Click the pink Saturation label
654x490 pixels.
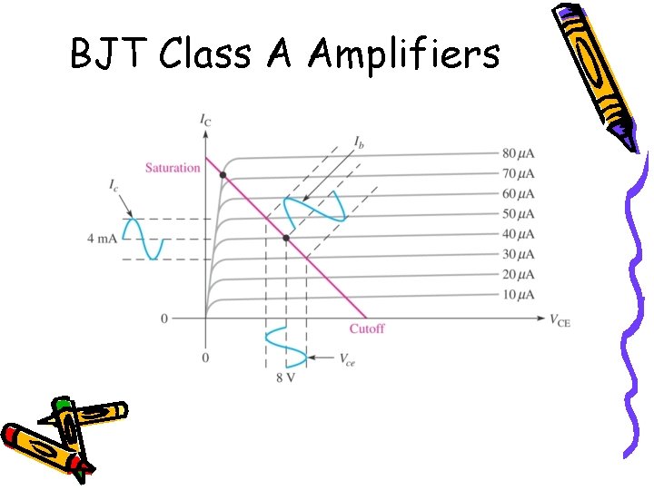(x=173, y=168)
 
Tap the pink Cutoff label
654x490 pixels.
(x=366, y=328)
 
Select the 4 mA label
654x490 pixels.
(x=102, y=239)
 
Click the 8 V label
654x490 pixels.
(x=285, y=377)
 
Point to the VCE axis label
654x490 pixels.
(x=560, y=318)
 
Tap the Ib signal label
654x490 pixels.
(x=361, y=142)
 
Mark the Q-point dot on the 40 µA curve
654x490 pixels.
(x=286, y=238)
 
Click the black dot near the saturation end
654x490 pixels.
(x=223, y=174)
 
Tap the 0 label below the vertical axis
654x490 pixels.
(x=205, y=358)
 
